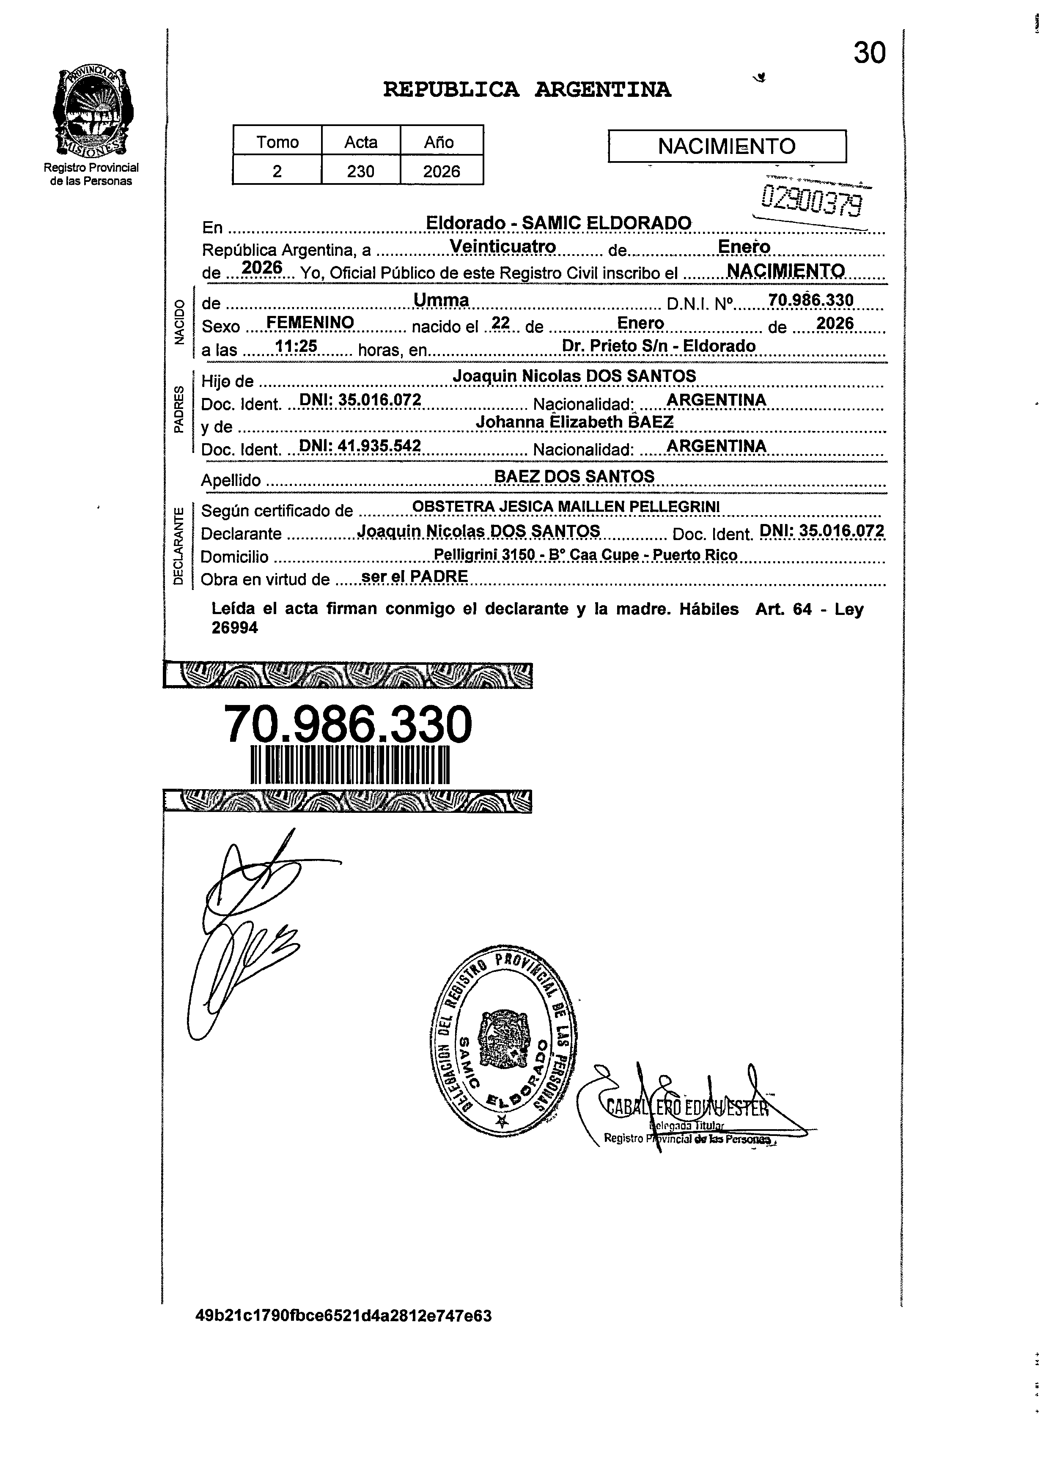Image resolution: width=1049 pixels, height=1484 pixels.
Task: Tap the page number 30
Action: (x=869, y=53)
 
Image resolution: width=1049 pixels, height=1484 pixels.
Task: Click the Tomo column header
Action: (x=277, y=142)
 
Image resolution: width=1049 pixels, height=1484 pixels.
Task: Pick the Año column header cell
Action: (x=439, y=142)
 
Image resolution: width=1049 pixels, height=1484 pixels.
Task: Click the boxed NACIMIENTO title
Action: (x=727, y=146)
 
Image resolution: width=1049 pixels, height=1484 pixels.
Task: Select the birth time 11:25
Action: (x=295, y=346)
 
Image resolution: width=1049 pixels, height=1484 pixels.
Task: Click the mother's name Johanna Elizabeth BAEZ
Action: (x=574, y=421)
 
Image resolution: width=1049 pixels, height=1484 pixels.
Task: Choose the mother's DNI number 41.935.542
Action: (x=360, y=445)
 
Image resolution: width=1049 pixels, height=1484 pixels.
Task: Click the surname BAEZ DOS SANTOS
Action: (x=574, y=476)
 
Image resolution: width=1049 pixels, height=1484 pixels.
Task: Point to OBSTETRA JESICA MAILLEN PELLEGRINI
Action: (x=566, y=507)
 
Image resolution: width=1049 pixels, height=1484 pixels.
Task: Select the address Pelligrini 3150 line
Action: (x=585, y=554)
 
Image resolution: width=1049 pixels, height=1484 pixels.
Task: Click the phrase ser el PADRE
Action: (x=414, y=576)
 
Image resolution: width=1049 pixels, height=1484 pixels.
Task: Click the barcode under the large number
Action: (x=350, y=765)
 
